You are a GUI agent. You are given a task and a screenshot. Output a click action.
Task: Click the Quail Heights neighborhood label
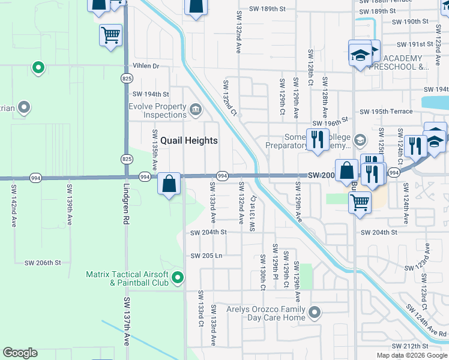[x=185, y=140]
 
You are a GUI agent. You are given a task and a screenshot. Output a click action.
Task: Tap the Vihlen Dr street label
[x=146, y=66]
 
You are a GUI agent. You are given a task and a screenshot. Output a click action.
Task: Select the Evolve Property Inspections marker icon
[x=196, y=109]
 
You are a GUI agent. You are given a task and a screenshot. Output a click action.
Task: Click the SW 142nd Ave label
[x=13, y=205]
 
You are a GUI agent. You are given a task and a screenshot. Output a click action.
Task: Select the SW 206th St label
[x=43, y=263]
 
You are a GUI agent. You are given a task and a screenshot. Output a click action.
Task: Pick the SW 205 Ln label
[x=206, y=256]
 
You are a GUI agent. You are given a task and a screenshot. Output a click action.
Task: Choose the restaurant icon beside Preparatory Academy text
[x=315, y=139]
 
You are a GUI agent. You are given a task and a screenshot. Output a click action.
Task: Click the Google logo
[x=20, y=353]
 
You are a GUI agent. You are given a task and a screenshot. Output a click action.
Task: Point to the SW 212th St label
[x=410, y=346]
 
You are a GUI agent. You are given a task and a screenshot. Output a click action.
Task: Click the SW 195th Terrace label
[x=386, y=112]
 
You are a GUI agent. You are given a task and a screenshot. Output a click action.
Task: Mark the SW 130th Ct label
[x=262, y=271]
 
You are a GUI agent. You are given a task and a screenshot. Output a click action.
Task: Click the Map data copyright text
[x=412, y=355]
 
